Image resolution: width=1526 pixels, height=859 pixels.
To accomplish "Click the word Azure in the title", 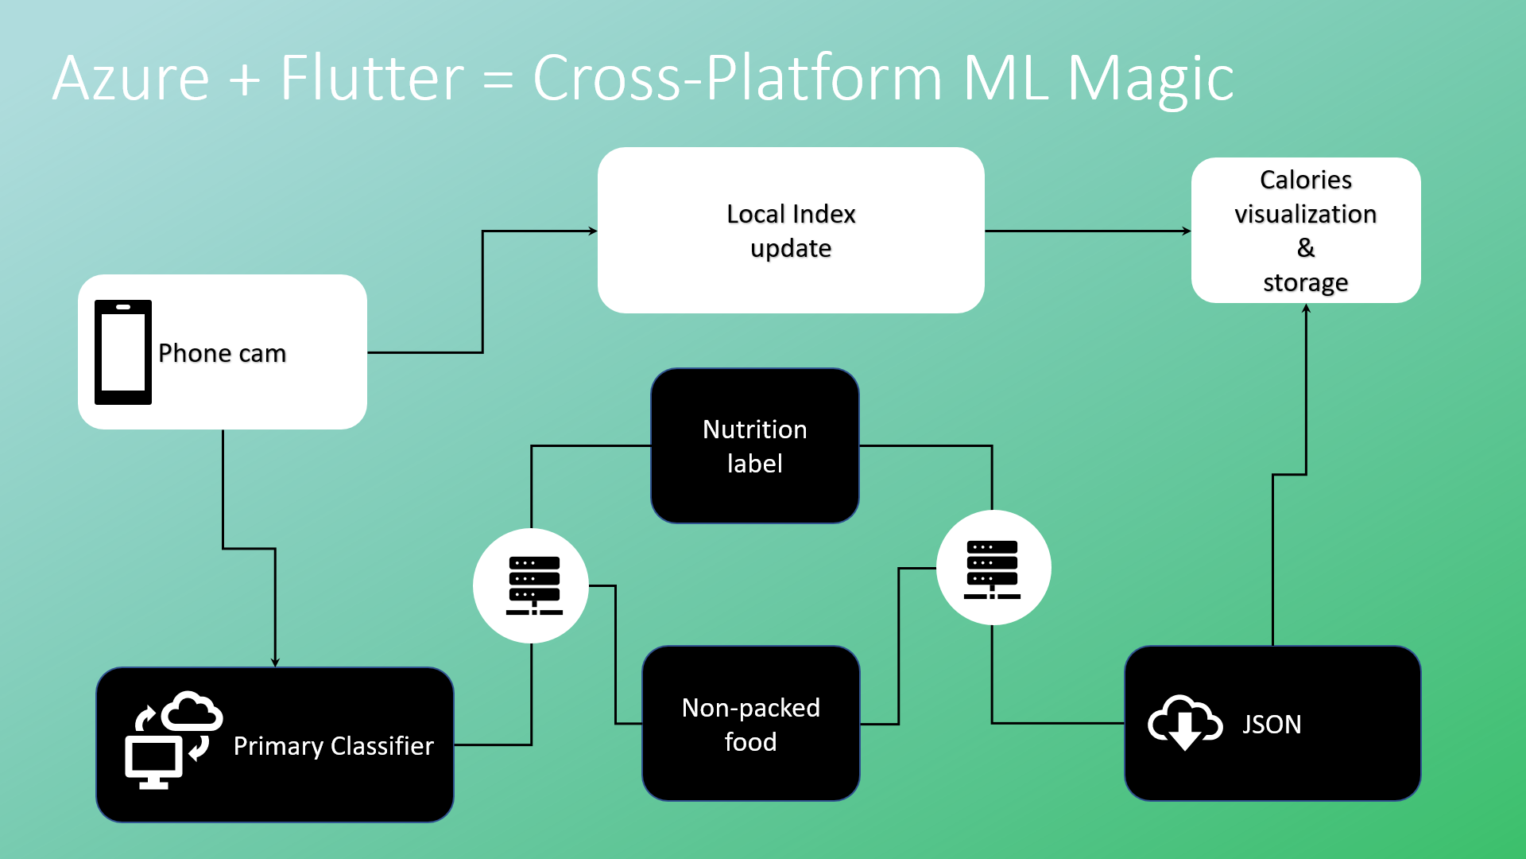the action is tap(131, 79).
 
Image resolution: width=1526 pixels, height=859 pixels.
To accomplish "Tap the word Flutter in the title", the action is tap(372, 78).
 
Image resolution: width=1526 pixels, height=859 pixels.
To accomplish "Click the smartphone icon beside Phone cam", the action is tap(123, 352).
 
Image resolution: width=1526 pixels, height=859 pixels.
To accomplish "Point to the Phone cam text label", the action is tap(223, 353).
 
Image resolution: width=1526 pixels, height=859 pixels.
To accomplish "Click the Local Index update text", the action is tap(792, 231).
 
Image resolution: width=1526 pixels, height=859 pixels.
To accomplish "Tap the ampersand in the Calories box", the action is tap(1306, 248).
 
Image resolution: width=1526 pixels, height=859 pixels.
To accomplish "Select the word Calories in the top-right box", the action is tap(1306, 180).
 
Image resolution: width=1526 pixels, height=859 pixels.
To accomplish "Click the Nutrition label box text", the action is tap(755, 446).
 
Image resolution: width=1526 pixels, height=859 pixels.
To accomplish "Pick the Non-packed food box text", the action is tap(751, 725).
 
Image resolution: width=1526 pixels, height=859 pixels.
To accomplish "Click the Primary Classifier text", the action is tap(334, 746).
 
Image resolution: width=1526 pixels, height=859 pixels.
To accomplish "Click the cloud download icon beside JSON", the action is tap(1185, 722).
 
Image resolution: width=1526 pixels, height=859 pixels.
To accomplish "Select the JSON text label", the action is tap(1272, 725).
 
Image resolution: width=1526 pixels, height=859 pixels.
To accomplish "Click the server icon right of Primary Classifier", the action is tap(534, 586).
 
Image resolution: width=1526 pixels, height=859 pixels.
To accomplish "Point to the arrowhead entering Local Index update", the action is tap(593, 231).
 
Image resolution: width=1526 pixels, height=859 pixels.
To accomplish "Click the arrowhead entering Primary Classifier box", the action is tap(275, 663).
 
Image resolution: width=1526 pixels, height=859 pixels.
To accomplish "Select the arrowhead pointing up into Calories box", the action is tap(1306, 309).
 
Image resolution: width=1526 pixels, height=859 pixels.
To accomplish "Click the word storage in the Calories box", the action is tap(1306, 283).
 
